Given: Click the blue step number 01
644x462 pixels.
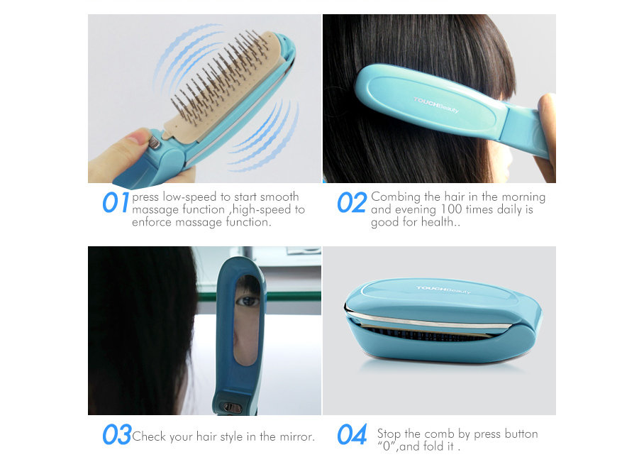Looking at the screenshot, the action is click(116, 202).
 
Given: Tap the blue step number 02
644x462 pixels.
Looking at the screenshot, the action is click(352, 202).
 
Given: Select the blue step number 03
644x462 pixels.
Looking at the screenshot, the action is click(117, 434).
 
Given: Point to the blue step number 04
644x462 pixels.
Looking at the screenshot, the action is click(352, 434).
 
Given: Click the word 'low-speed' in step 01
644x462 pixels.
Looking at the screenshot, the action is click(190, 197).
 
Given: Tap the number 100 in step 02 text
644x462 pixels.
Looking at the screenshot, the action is click(451, 209).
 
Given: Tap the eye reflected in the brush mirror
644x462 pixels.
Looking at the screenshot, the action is click(248, 302).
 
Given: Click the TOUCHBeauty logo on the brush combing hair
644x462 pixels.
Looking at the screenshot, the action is click(435, 105).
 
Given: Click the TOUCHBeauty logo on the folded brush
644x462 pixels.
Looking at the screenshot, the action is click(443, 290).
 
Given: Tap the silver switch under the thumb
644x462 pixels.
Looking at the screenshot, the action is click(155, 143).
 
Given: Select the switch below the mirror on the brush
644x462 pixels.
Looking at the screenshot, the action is click(232, 407).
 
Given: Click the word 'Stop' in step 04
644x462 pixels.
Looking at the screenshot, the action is click(389, 434).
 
